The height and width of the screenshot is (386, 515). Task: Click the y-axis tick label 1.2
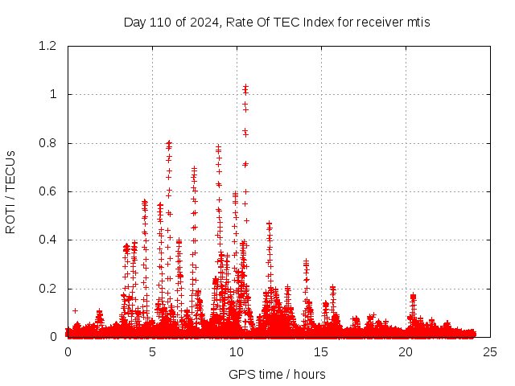click(49, 46)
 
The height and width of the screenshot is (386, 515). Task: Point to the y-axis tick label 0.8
click(49, 143)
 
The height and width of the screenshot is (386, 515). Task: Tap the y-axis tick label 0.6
click(49, 191)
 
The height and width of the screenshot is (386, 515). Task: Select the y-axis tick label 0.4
click(49, 240)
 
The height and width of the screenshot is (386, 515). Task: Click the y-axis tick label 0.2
click(49, 289)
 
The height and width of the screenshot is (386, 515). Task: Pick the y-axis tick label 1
click(54, 94)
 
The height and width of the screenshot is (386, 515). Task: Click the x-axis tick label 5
click(152, 352)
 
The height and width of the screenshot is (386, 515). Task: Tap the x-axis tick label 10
click(237, 352)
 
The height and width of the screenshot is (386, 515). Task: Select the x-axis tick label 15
click(321, 352)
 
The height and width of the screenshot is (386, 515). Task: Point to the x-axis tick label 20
click(406, 352)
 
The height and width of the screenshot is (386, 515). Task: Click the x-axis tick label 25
click(490, 352)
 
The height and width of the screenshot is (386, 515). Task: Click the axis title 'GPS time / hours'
click(277, 374)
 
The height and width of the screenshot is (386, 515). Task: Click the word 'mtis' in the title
click(418, 22)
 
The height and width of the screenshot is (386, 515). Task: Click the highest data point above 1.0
click(245, 86)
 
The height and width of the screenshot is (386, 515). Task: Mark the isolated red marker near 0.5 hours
click(75, 310)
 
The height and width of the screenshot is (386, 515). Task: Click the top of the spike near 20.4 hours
click(413, 296)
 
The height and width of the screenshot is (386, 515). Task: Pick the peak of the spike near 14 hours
click(306, 261)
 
